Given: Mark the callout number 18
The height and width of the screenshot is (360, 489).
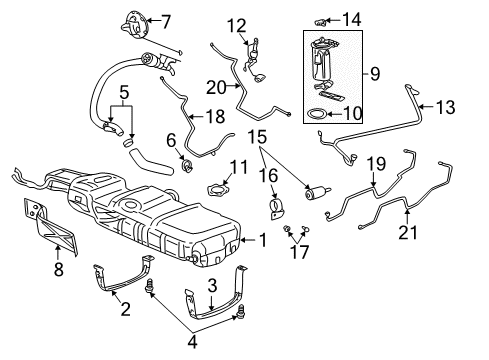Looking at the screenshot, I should (215, 117).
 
